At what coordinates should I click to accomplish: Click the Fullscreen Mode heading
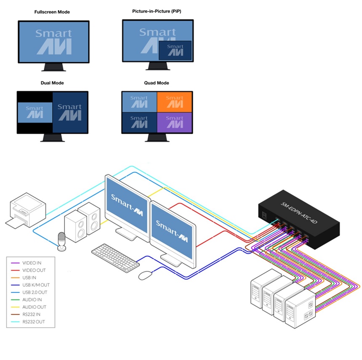(52, 12)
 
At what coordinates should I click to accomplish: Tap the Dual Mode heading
(52, 83)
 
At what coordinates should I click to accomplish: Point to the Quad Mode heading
(157, 83)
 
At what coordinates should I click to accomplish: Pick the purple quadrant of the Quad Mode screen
(174, 123)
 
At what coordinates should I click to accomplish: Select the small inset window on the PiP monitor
(175, 50)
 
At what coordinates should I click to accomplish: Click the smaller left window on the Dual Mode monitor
(35, 113)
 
